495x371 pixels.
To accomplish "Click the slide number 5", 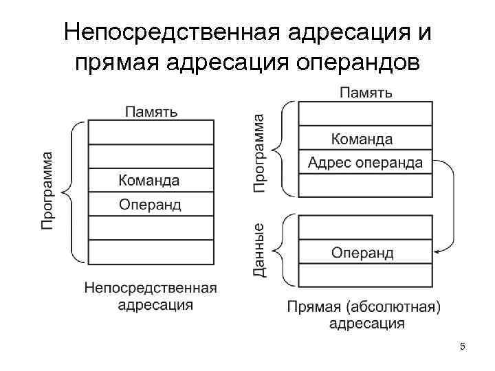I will click(463, 347).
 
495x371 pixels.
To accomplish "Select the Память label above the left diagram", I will click(151, 111).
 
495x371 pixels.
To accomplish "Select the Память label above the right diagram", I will click(366, 92).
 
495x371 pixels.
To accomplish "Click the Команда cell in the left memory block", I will click(149, 181).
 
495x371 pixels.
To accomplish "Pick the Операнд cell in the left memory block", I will click(150, 204).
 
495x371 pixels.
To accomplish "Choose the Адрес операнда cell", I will click(365, 163).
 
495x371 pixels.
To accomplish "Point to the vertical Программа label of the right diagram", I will click(259, 152).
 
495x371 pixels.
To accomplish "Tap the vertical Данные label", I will click(259, 250).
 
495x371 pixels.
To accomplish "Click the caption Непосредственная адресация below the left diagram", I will click(151, 296).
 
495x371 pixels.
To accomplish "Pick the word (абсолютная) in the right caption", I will click(395, 306).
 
